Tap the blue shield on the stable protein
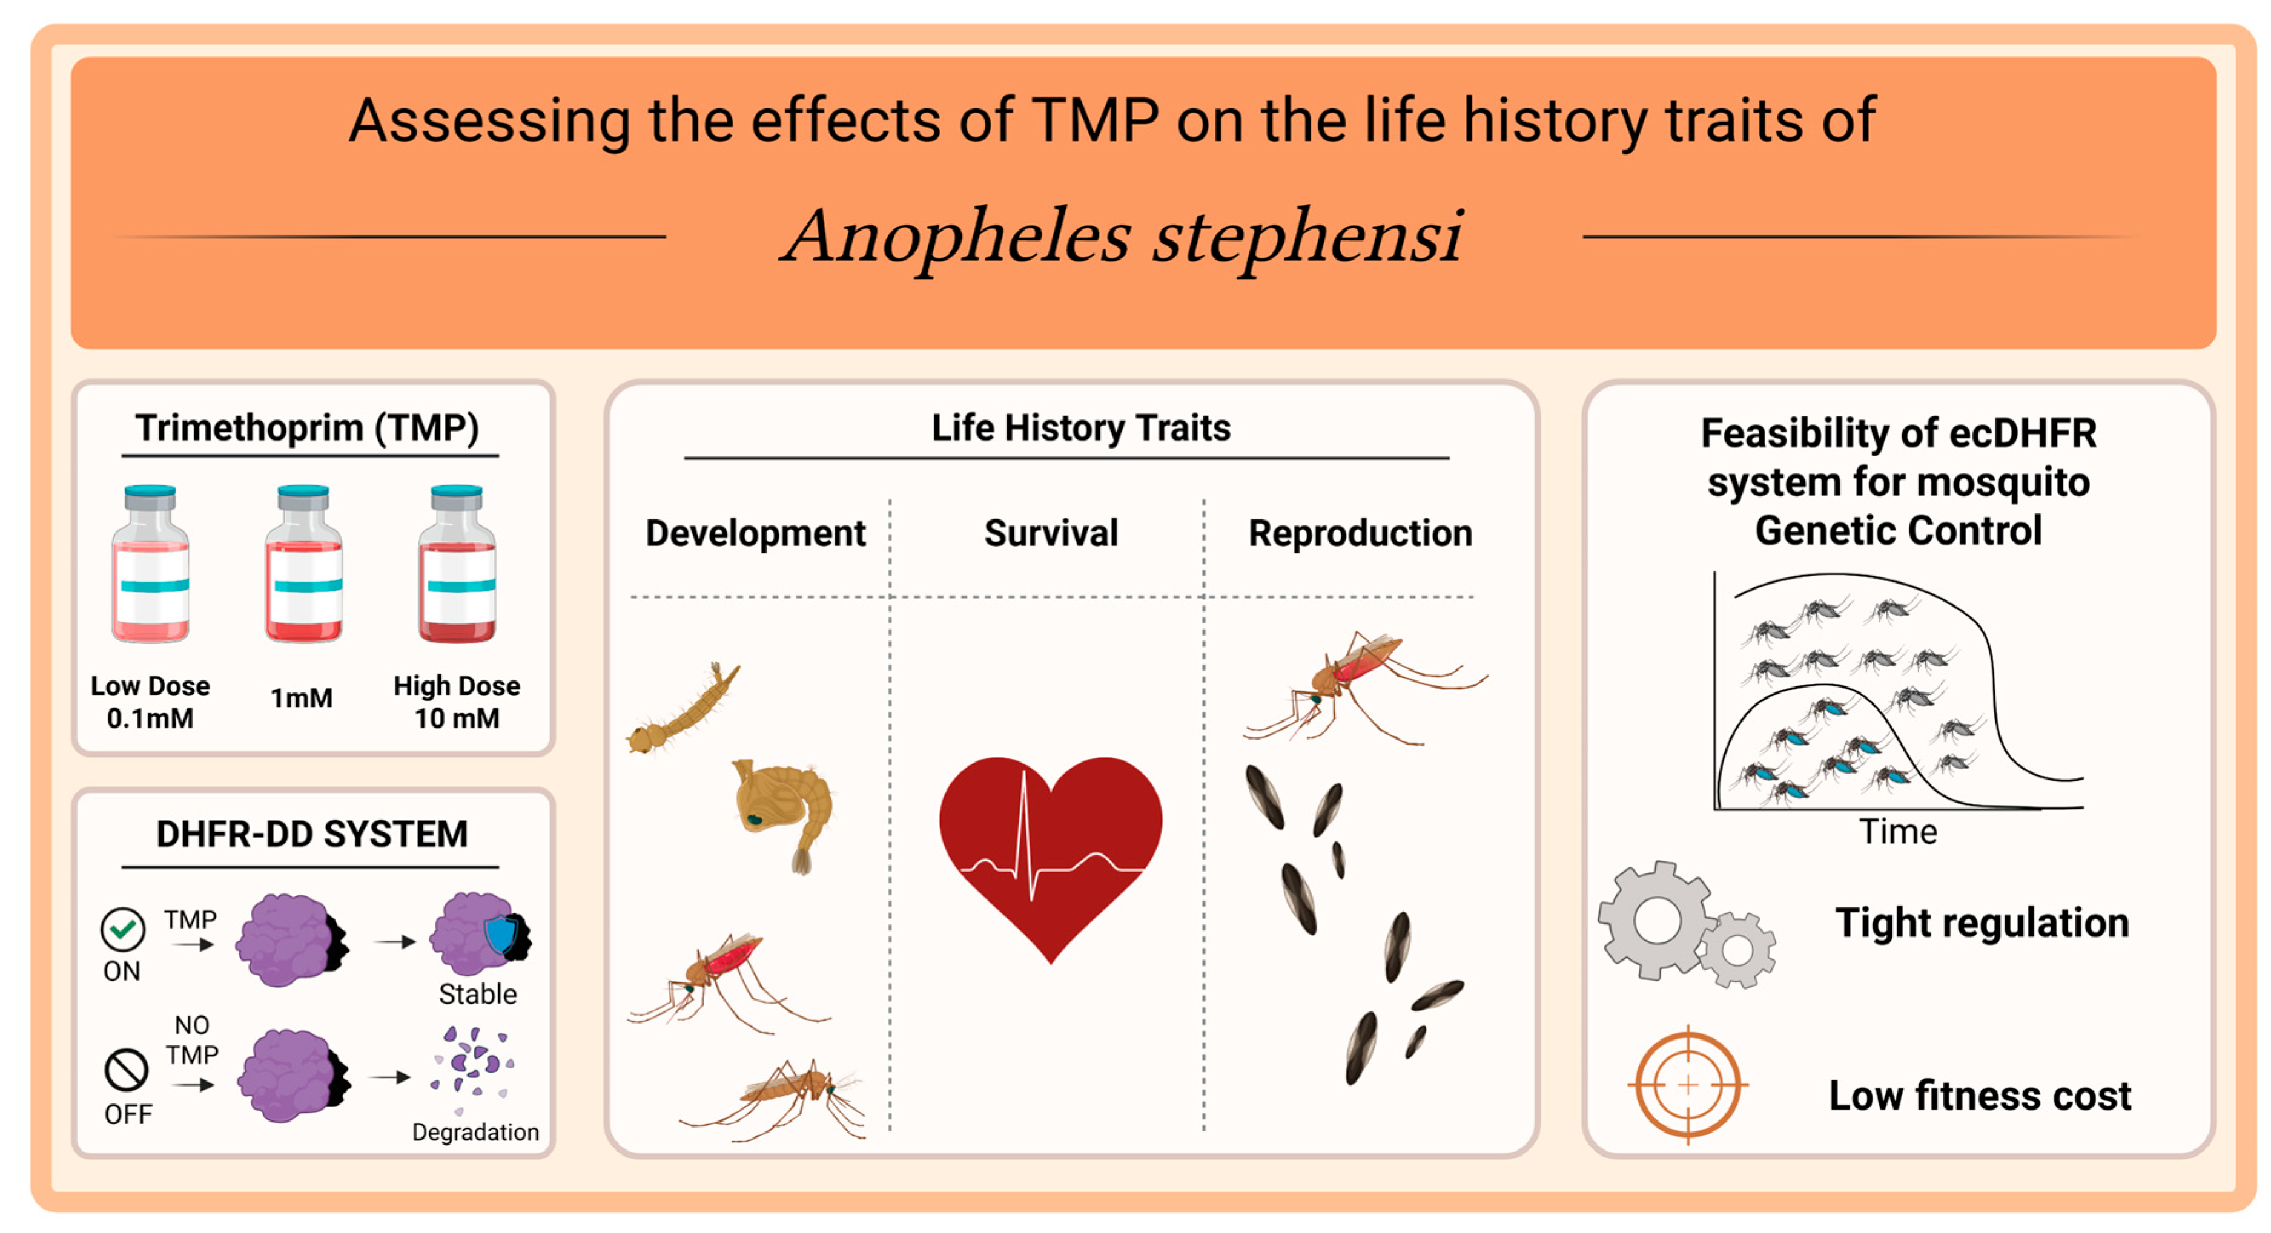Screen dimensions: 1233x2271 coord(501,933)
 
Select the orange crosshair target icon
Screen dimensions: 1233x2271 coord(1687,1085)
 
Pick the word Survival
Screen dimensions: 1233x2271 coord(1051,533)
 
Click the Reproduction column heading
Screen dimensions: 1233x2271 coord(1360,533)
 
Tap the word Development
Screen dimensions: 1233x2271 coord(756,533)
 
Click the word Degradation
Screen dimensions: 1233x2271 coord(475,1132)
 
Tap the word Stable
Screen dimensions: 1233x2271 coord(478,994)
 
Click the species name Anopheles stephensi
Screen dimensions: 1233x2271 coord(1122,236)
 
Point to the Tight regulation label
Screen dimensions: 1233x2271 coord(1982,922)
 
